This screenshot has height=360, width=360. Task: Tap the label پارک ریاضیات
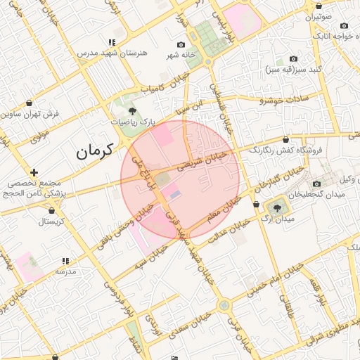tap(133, 122)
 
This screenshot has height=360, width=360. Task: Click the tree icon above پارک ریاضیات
tap(133, 110)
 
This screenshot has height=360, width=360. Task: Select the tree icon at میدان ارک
tap(276, 207)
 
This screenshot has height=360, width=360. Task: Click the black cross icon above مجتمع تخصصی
tap(34, 172)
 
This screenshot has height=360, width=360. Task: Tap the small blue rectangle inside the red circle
tap(175, 193)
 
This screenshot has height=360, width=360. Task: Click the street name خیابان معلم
tap(211, 213)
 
